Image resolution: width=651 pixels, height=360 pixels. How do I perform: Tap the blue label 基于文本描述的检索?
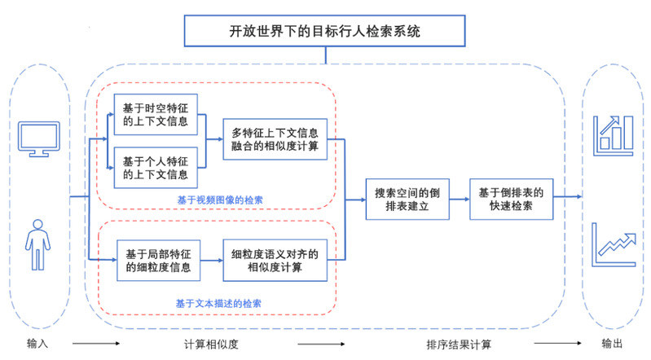click(x=218, y=303)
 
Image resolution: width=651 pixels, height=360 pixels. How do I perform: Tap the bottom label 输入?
click(x=37, y=344)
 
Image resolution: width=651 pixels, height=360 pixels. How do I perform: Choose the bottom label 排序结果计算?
click(x=459, y=344)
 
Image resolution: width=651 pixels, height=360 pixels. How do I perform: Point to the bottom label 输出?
click(x=613, y=344)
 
